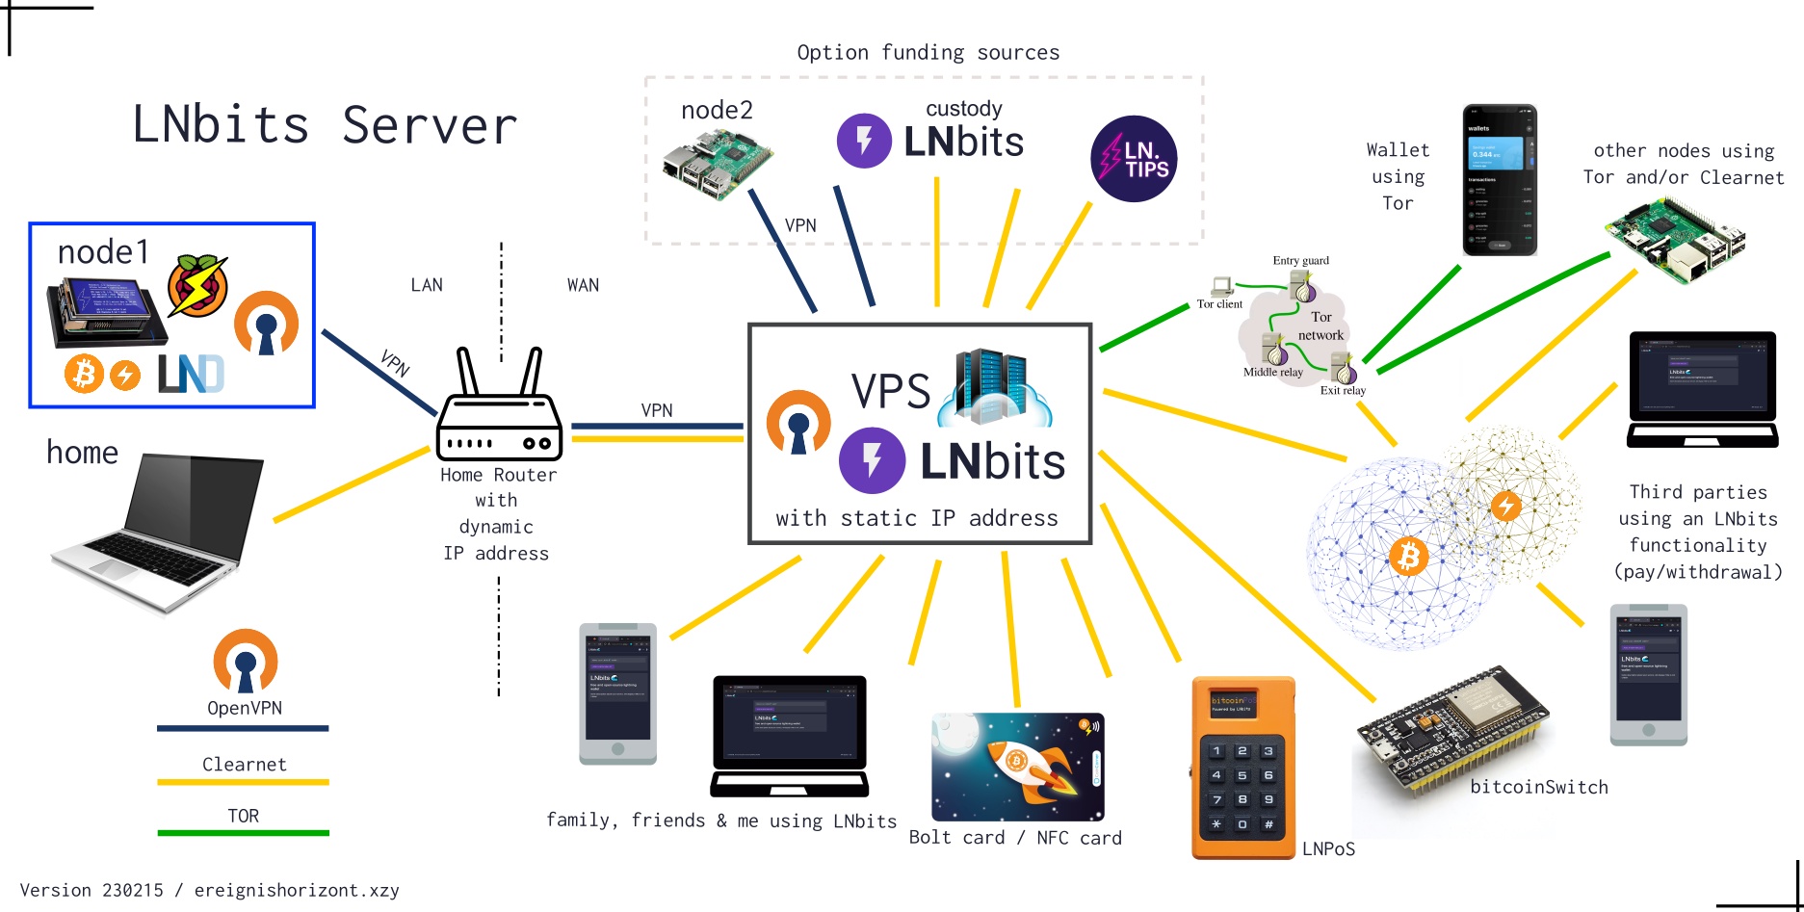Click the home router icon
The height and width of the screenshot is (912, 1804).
pos(498,409)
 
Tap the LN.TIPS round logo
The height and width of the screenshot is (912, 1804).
pos(1134,158)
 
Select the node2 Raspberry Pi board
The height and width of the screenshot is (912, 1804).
pos(717,164)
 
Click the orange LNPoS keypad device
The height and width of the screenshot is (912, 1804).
pos(1242,768)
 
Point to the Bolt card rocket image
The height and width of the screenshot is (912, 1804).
pos(1017,767)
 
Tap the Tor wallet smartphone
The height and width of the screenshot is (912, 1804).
pos(1499,180)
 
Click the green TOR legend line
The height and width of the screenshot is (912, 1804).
pos(243,832)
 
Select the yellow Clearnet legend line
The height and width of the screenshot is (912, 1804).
pos(243,781)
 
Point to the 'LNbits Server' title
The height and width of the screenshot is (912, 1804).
pos(325,126)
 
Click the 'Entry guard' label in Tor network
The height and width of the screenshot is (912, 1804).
pos(1299,260)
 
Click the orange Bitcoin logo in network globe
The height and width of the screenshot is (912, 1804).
pos(1408,557)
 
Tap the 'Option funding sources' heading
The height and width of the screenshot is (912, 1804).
pos(928,53)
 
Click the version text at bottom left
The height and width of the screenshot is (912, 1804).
pos(209,890)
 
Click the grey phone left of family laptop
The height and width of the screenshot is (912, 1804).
pos(617,693)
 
